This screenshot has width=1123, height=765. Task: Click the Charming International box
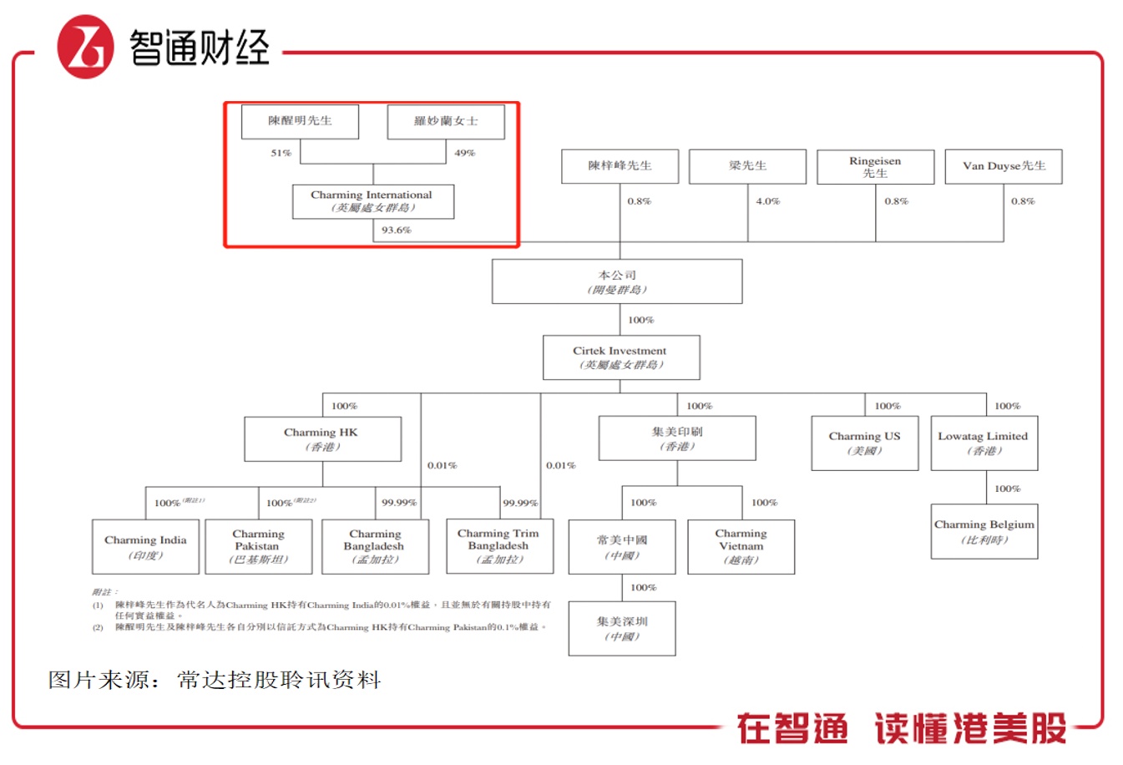tap(372, 201)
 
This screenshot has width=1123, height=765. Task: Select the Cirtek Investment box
tap(620, 357)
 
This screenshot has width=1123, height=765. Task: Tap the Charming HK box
tap(322, 439)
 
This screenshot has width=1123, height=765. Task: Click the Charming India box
tap(145, 547)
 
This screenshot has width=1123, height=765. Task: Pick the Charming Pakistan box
tap(258, 547)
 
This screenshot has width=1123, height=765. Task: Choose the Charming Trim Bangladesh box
tap(498, 546)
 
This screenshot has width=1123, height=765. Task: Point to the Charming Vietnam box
tap(741, 547)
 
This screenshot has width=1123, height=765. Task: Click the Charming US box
tap(864, 443)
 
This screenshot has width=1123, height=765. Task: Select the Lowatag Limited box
tap(984, 443)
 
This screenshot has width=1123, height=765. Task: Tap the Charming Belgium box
tap(984, 531)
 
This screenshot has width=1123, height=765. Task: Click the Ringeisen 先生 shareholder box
tap(875, 167)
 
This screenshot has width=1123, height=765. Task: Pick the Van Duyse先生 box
tap(1003, 166)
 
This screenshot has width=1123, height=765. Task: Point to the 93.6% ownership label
tap(397, 230)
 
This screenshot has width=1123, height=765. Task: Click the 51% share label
tap(281, 153)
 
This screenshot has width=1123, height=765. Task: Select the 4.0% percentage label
tap(767, 201)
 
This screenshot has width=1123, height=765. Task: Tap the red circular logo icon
tap(85, 48)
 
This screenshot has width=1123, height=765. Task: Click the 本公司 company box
tap(617, 281)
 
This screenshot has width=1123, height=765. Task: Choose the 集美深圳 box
tap(622, 629)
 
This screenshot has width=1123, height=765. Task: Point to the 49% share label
tap(465, 153)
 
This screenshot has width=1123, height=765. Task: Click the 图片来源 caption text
tap(215, 680)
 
